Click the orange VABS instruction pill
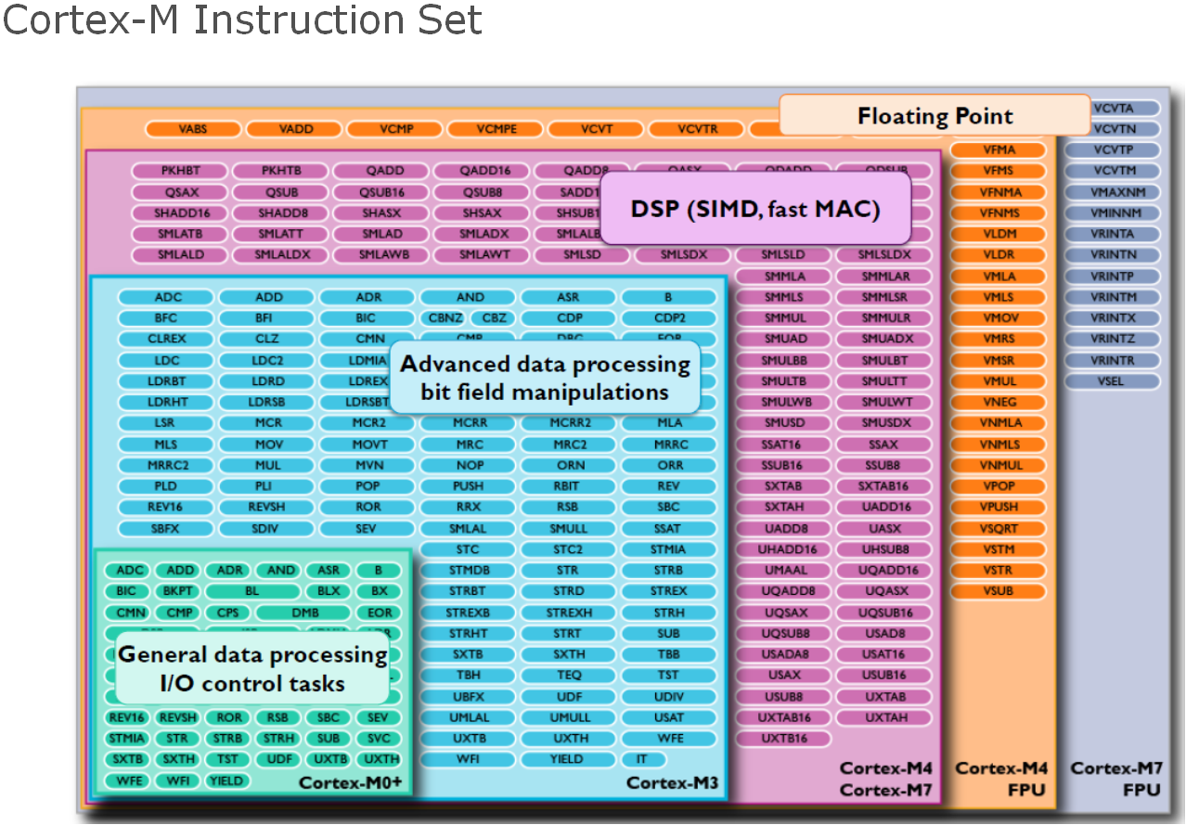193,129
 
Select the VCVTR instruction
698,129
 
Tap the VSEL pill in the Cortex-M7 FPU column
1112,381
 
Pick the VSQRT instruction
999,528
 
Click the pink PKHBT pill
181,171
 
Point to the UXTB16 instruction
784,739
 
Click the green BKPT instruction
176,591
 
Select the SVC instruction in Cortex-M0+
379,739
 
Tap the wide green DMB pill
305,612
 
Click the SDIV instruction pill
268,528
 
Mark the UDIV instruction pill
668,696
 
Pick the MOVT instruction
369,445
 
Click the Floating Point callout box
934,116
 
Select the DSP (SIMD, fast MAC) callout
754,209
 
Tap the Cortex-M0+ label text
350,784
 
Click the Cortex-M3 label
672,783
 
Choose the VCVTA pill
1112,109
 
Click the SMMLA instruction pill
784,277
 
